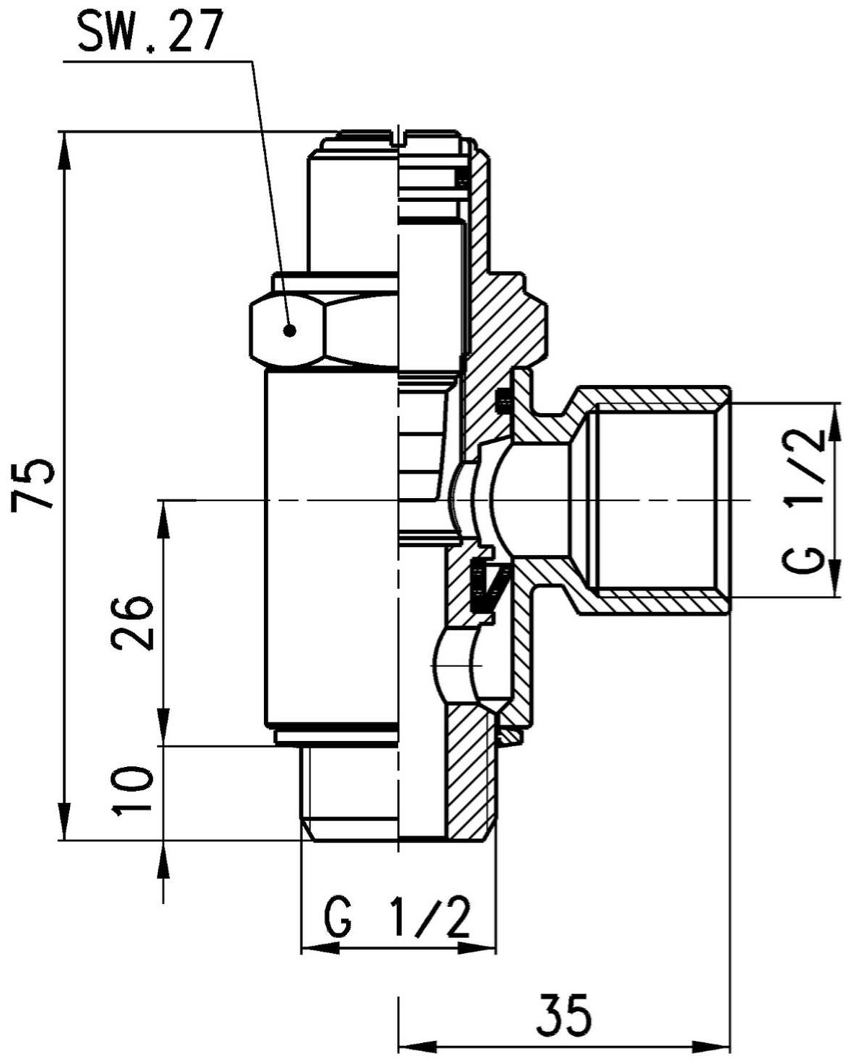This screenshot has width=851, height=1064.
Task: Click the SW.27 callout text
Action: [x=147, y=32]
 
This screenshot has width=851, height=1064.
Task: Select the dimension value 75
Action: [x=33, y=484]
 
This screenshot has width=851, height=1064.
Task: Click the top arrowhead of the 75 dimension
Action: [x=64, y=151]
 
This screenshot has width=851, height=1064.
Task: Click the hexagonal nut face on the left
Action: [x=287, y=329]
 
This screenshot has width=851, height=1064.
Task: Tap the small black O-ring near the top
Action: [x=463, y=178]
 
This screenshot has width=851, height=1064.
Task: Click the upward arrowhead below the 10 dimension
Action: [x=164, y=859]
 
